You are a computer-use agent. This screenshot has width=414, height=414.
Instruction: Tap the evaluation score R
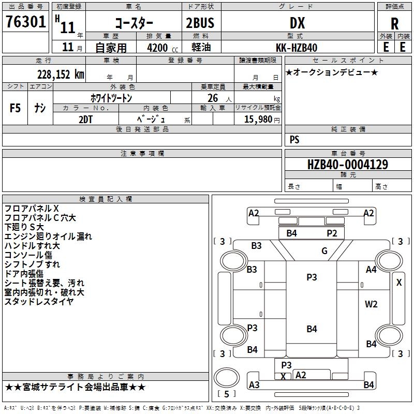coord(395,24)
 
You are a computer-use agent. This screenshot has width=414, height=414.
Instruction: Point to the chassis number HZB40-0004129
coord(347,165)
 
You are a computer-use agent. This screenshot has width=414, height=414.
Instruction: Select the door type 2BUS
coord(200,23)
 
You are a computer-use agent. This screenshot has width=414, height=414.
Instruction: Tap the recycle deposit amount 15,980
coord(258,119)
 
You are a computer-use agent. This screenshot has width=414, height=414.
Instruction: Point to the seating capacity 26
coord(212,98)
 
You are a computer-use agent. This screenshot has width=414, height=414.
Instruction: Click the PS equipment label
coord(294,139)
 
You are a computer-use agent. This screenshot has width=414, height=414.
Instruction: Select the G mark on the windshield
coord(324,251)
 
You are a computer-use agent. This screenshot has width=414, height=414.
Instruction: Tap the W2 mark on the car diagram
coord(371,304)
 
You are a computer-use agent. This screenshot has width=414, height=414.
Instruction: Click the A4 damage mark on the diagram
coord(371,269)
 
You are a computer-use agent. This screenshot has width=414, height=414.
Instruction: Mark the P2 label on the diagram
coord(332,233)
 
